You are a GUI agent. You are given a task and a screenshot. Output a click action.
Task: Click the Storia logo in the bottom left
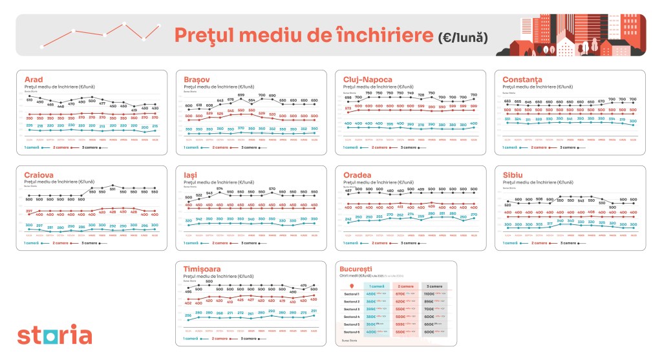54,335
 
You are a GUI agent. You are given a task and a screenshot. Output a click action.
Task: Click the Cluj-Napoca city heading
367,80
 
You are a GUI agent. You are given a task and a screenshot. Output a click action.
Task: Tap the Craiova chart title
36,175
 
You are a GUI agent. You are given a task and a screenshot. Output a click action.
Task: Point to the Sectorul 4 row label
351,317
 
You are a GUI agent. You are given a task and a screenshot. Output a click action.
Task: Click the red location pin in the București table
351,285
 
